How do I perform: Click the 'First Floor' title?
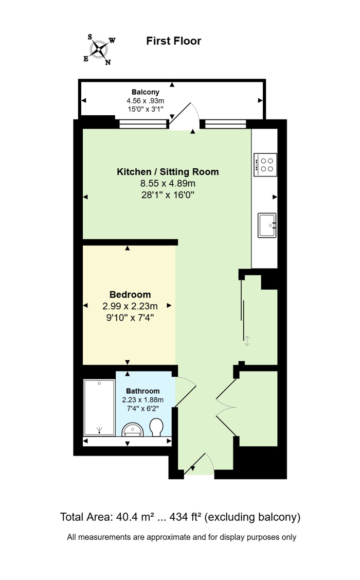[174, 41]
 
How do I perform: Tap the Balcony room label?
[145, 92]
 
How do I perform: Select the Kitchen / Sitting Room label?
[168, 172]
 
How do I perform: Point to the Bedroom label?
[130, 294]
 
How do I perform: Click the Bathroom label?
[142, 391]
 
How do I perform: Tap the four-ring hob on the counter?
[265, 165]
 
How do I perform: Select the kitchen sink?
[267, 225]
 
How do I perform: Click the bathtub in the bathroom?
[99, 407]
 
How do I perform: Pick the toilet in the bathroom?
[157, 427]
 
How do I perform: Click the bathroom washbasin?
[132, 430]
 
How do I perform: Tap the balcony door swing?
[184, 115]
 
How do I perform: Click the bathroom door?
[185, 392]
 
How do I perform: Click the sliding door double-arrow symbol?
[247, 341]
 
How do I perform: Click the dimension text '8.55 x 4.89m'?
[168, 183]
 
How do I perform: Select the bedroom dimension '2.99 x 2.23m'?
[130, 306]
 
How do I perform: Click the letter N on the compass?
[108, 62]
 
